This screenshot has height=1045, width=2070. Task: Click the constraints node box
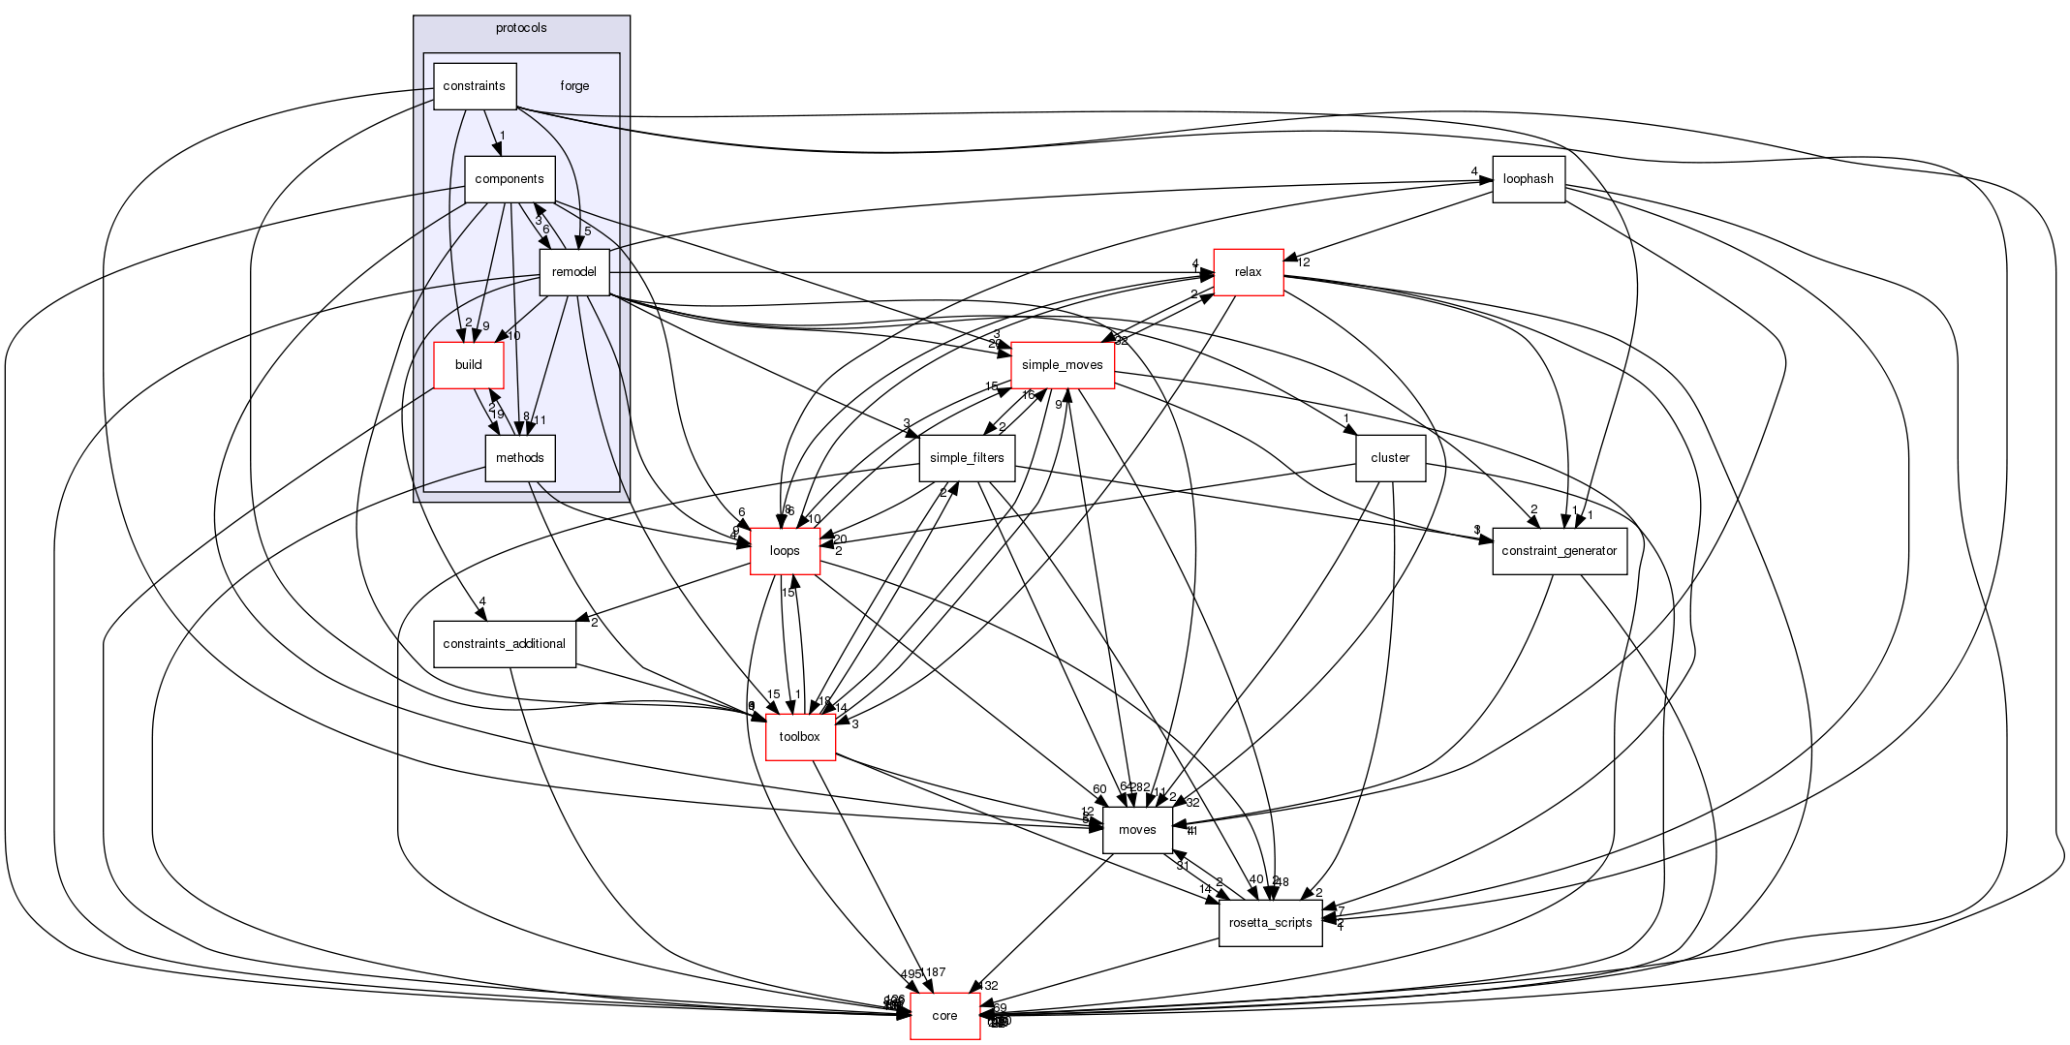click(x=475, y=86)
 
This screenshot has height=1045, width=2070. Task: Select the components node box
click(x=510, y=179)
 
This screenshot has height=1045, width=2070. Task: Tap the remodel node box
click(x=573, y=272)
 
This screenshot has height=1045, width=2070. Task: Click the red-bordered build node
click(x=468, y=365)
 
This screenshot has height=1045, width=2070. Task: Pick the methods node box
click(x=519, y=458)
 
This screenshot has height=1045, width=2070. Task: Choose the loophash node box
click(x=1529, y=179)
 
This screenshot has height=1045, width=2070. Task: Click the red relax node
click(x=1248, y=272)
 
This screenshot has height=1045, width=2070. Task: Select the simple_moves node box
click(x=1062, y=365)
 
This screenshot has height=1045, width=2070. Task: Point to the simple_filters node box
click(x=966, y=458)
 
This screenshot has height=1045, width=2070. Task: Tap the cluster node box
click(x=1390, y=458)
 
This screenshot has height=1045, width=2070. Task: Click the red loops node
click(x=785, y=551)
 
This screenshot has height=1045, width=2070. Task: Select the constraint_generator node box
click(x=1559, y=551)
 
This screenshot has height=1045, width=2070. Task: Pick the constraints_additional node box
click(x=504, y=644)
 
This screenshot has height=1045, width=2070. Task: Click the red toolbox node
click(x=800, y=737)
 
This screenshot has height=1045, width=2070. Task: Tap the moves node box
click(x=1137, y=830)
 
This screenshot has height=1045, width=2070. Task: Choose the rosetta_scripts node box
click(x=1270, y=923)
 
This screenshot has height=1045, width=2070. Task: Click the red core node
click(x=944, y=1016)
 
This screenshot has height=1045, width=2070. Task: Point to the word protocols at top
click(x=521, y=28)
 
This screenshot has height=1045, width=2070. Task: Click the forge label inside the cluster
click(x=574, y=86)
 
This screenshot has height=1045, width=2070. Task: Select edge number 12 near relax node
click(x=1304, y=262)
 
